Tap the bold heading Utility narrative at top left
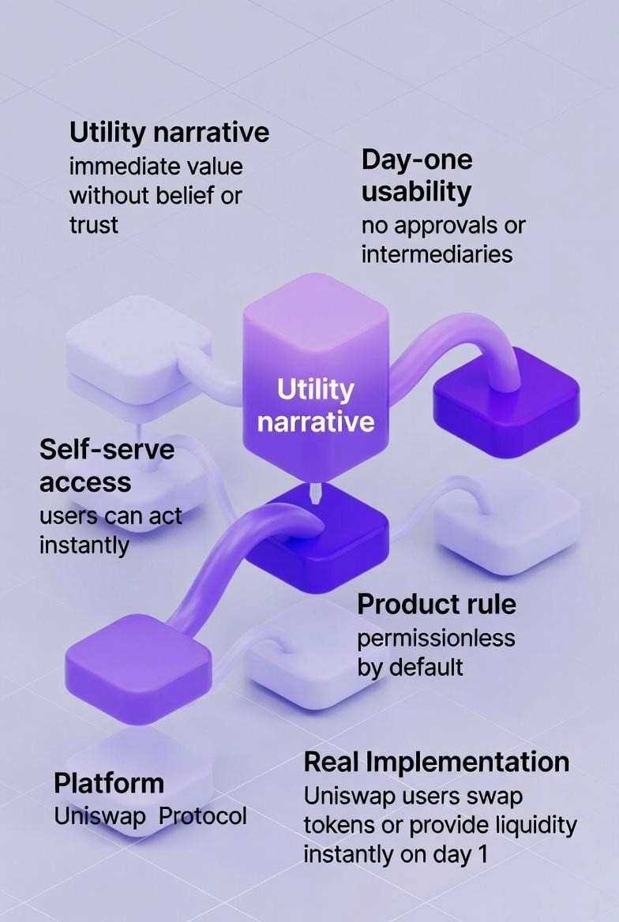point(169,132)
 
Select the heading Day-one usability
point(416,175)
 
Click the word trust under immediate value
point(93,225)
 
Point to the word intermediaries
point(437,254)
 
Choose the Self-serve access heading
point(107,465)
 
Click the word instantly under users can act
point(84,545)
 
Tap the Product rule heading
point(437,604)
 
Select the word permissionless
point(436,637)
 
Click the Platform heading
point(109,784)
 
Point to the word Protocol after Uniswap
point(203,815)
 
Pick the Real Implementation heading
point(437,762)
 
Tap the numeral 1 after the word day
point(482,854)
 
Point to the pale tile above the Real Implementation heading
point(308,651)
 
